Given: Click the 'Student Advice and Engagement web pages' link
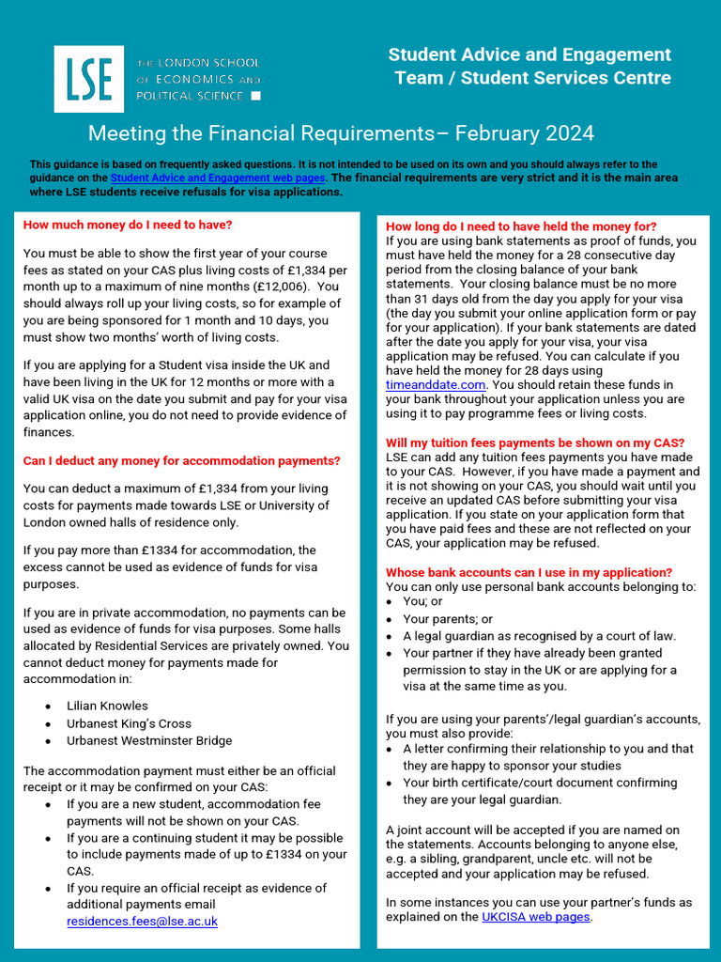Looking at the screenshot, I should click(218, 178).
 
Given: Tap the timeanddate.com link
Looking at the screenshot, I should click(436, 384).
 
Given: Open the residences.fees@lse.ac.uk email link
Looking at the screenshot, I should click(142, 922).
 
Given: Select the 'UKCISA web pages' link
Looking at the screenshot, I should click(535, 917).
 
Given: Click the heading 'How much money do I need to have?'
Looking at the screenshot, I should click(128, 225).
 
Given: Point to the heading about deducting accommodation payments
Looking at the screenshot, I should click(181, 461).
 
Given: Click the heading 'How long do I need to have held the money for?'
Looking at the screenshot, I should click(521, 226).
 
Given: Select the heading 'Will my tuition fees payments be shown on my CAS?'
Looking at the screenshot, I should click(535, 443).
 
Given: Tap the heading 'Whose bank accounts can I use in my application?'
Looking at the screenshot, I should click(529, 572).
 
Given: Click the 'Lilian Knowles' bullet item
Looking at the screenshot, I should click(107, 706).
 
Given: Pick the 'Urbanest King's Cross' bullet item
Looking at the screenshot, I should click(129, 723).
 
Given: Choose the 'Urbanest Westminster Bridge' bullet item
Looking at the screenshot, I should click(148, 740).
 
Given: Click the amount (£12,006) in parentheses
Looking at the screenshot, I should click(277, 287).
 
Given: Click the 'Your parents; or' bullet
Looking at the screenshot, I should click(448, 619).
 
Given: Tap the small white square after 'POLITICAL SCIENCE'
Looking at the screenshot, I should click(257, 96).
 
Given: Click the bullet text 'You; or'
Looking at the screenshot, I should click(422, 601).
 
